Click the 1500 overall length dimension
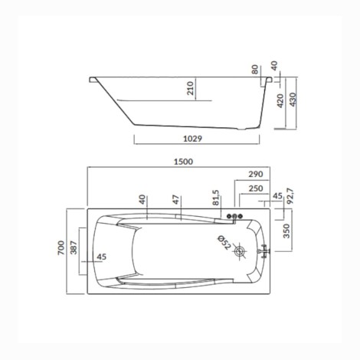[183, 162]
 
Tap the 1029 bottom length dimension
[192, 139]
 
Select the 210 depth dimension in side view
[191, 88]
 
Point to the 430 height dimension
[293, 100]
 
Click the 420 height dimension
[280, 101]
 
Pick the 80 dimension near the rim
[255, 70]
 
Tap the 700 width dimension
[61, 247]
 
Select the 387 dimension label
[74, 247]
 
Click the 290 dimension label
[256, 174]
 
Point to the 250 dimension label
[256, 188]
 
